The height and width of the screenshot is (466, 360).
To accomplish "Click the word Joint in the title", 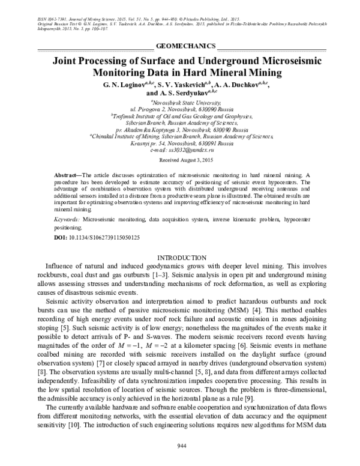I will (x=68, y=61).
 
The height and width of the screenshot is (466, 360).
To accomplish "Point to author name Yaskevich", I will (x=202, y=85).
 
